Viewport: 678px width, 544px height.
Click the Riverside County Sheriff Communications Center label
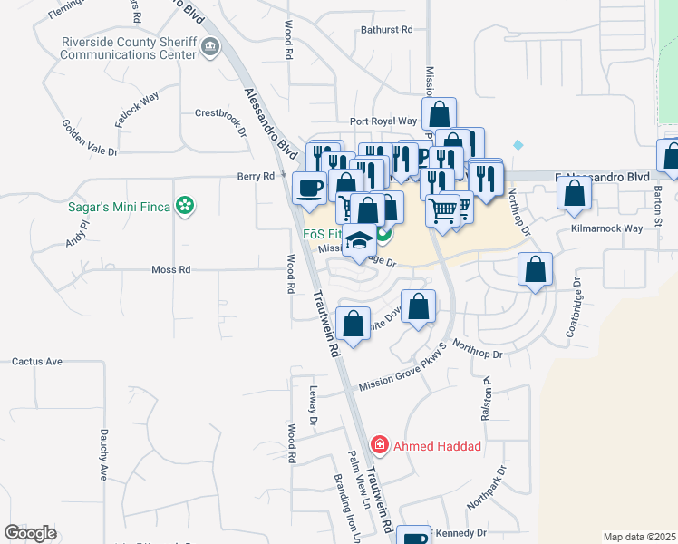coord(128,48)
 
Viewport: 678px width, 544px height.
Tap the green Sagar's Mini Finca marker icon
coord(186,207)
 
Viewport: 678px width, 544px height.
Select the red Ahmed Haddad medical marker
coord(380,445)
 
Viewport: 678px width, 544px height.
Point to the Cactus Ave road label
coord(37,361)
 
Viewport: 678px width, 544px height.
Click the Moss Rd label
coord(171,270)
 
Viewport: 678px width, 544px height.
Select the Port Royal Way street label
coord(383,121)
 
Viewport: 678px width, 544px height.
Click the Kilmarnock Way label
coord(605,229)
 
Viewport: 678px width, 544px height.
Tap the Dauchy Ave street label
coord(104,454)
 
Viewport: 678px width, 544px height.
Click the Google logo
coord(31,533)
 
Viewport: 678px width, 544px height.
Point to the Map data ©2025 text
coord(639,537)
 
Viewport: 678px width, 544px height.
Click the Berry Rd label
coord(256,176)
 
